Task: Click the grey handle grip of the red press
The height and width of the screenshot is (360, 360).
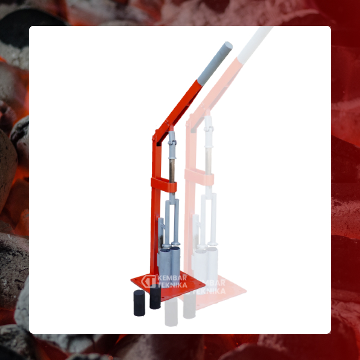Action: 215,64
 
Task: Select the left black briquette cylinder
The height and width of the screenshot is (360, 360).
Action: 139,303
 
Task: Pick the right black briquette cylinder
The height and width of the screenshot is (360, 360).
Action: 155,297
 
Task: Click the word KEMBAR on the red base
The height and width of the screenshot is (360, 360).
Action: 173,278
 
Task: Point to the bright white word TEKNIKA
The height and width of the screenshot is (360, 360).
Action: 173,285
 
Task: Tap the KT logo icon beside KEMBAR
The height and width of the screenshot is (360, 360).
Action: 148,281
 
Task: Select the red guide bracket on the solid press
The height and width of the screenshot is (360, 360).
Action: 164,185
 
